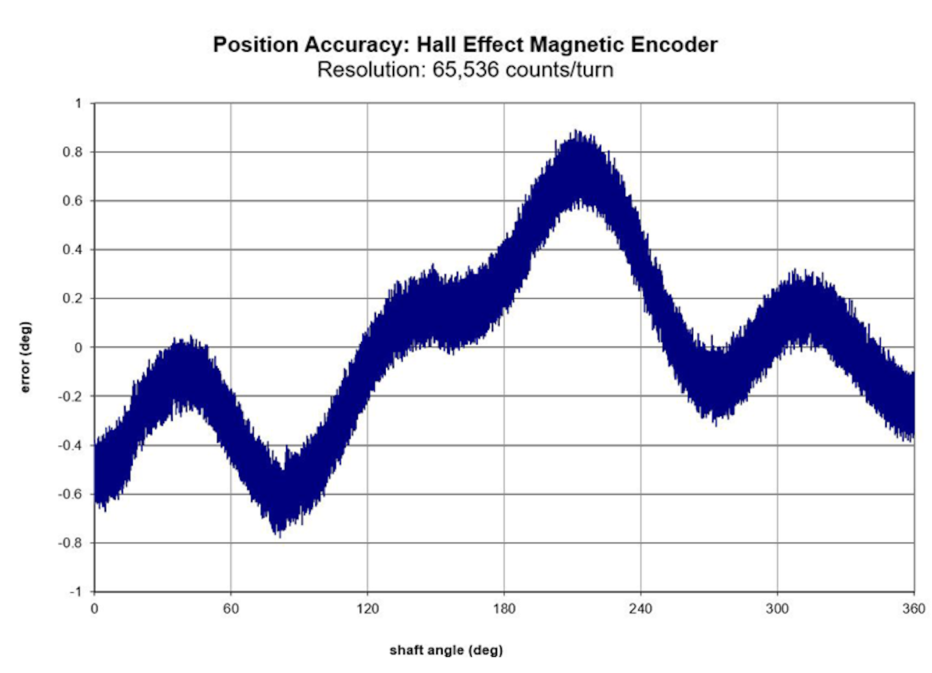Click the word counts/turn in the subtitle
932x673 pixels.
click(559, 69)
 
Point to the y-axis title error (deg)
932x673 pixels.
click(26, 357)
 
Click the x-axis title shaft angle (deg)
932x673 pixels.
click(446, 650)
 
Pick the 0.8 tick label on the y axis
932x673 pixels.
click(73, 152)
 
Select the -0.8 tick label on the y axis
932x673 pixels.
click(71, 543)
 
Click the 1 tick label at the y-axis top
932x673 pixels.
click(79, 104)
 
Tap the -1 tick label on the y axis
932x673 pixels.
click(76, 591)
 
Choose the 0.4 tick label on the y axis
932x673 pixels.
click(73, 250)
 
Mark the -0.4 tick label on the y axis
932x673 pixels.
click(71, 445)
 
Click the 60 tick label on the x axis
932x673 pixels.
click(231, 608)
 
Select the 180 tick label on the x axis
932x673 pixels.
click(504, 608)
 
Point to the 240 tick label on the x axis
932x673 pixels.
click(641, 608)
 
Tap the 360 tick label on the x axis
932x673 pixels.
click(914, 608)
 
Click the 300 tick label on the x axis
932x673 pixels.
click(777, 608)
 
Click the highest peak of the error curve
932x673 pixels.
click(576, 132)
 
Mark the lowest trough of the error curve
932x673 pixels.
click(280, 535)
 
